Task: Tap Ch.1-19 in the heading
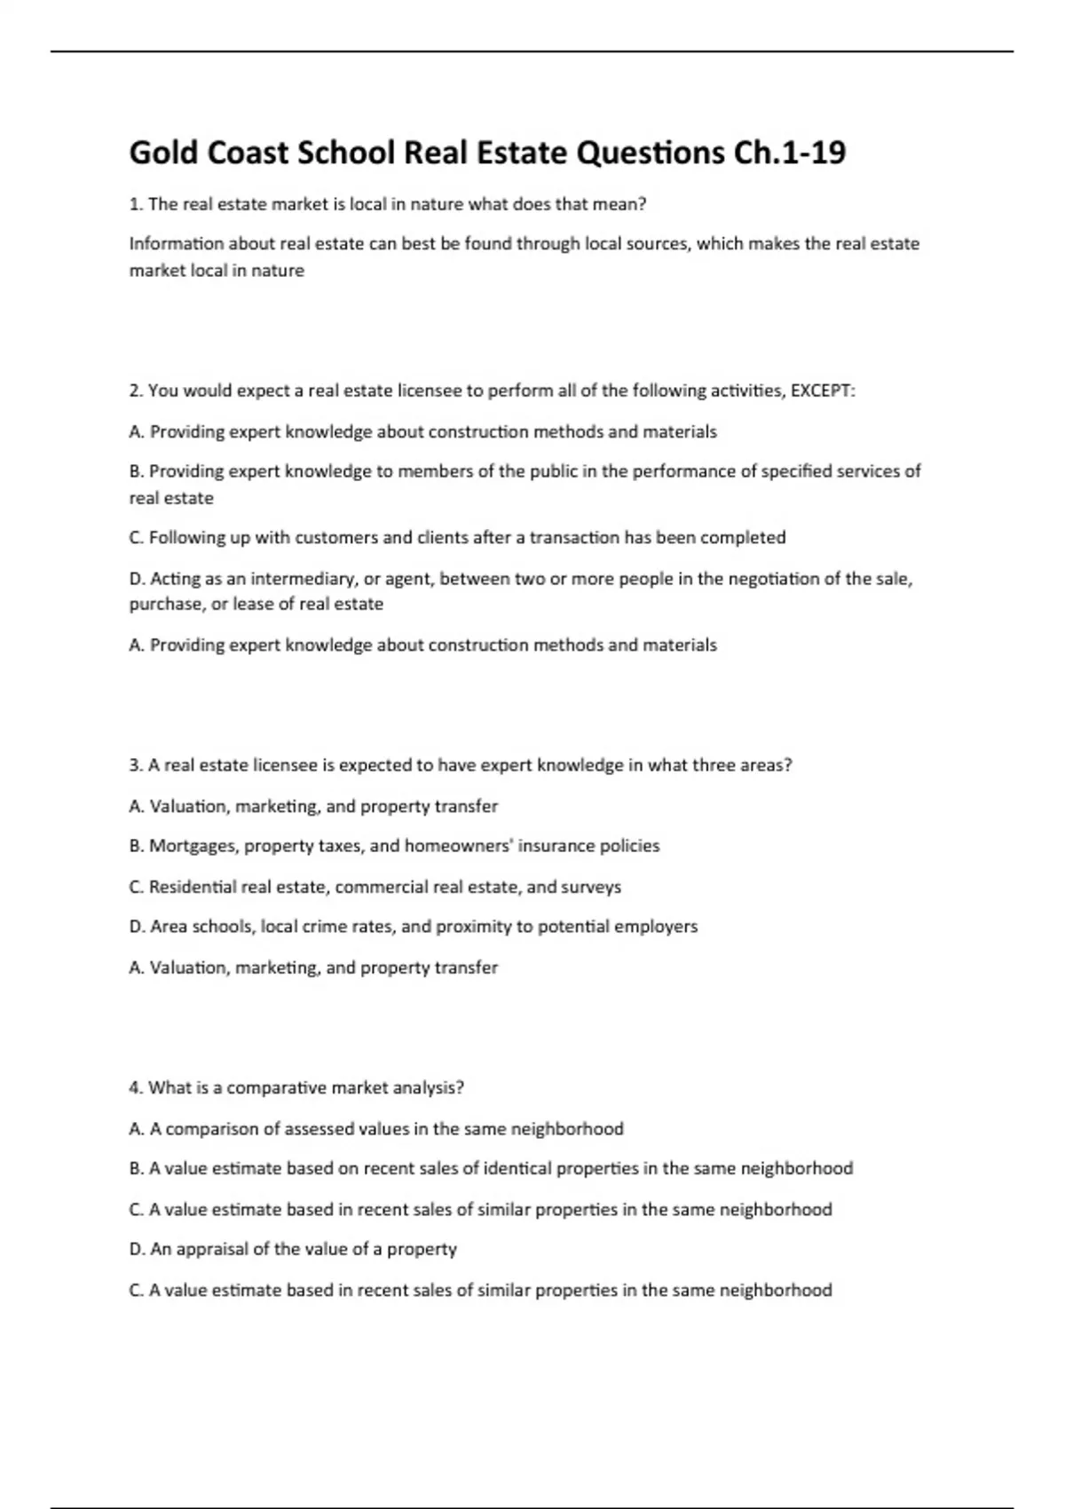click(x=789, y=153)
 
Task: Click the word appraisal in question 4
click(x=212, y=1249)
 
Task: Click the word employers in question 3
click(x=656, y=927)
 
